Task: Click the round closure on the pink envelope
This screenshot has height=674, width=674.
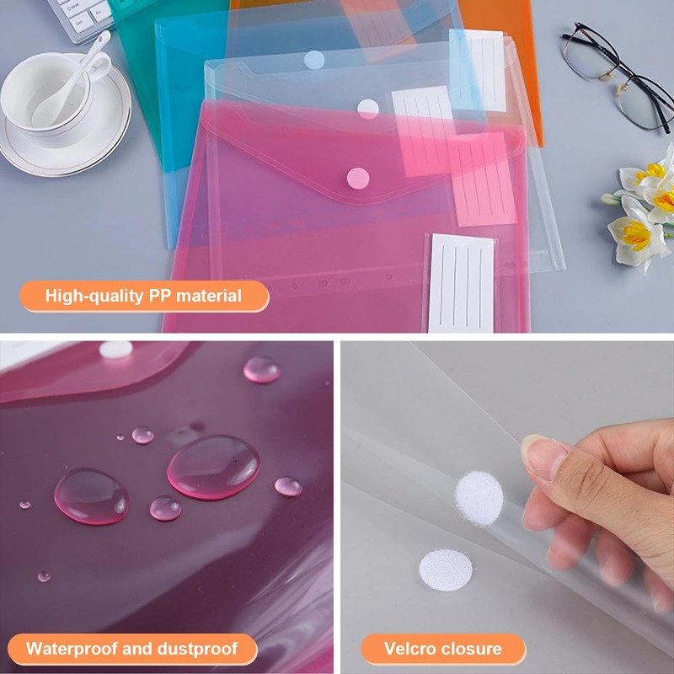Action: (x=358, y=177)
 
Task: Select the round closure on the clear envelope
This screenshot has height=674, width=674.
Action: (x=368, y=109)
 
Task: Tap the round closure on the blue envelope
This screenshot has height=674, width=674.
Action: (x=313, y=59)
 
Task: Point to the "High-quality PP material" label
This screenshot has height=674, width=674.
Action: (x=143, y=296)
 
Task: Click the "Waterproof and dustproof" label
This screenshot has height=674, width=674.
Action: (x=130, y=649)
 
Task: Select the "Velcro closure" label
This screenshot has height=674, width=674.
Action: (x=442, y=649)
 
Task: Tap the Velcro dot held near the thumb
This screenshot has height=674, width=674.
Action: (x=479, y=498)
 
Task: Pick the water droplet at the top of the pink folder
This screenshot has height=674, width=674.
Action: (x=261, y=369)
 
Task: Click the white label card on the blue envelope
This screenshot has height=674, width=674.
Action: (x=478, y=69)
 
